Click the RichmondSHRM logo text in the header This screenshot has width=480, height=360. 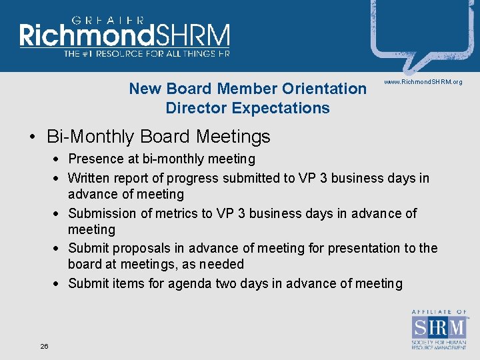(125, 35)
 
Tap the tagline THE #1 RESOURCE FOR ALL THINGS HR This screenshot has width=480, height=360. (147, 53)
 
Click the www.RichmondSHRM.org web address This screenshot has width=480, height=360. (423, 81)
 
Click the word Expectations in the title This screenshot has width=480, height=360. (289, 108)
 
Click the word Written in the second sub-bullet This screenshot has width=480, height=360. (89, 178)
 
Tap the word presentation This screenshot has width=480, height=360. (363, 248)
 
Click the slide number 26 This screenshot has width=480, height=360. (44, 346)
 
